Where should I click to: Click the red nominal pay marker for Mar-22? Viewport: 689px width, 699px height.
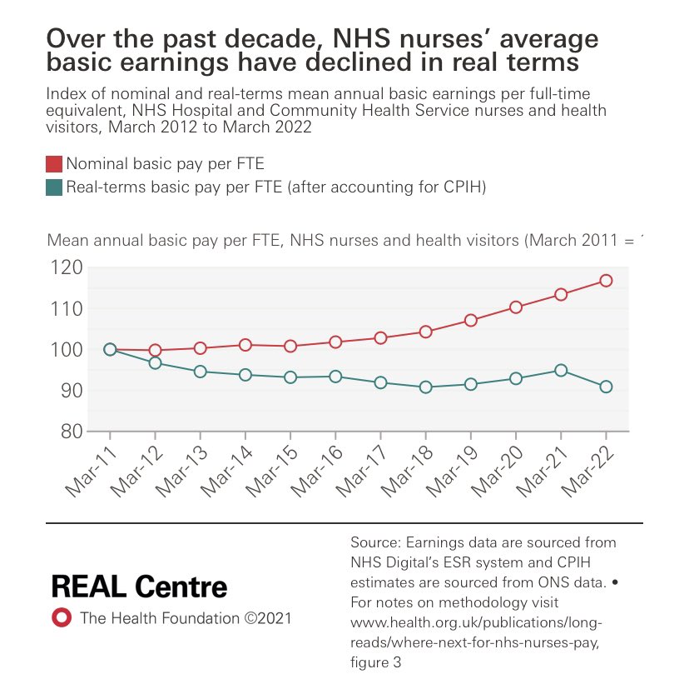606,281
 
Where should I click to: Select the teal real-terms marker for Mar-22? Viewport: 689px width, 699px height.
606,387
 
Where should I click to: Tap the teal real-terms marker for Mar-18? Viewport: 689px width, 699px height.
426,387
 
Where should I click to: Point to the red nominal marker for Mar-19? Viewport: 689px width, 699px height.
471,321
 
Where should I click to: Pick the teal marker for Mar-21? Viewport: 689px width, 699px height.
561,370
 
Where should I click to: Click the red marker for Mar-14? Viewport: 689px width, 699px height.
245,345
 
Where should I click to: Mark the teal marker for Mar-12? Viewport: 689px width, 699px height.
155,363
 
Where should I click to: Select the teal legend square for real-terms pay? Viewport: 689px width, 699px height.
53,188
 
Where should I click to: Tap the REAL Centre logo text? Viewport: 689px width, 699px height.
139,586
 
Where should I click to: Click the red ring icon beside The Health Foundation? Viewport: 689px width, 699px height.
60,618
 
